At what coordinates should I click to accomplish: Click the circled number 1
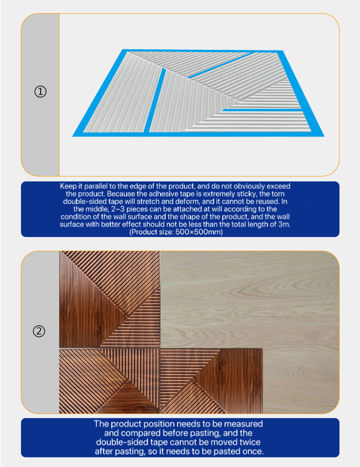point(41,91)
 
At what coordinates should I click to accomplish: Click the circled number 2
point(39,331)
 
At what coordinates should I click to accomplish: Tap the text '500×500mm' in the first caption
point(198,232)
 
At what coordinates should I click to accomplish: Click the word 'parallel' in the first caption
point(96,186)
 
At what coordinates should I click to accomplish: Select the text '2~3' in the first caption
point(117,209)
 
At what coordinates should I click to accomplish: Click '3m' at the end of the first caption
point(284,224)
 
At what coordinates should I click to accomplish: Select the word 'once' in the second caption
point(253,451)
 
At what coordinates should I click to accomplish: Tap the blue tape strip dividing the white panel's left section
point(155,100)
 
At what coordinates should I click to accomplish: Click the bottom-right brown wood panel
point(212,381)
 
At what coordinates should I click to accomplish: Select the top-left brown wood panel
point(110,299)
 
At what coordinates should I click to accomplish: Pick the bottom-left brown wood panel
point(110,381)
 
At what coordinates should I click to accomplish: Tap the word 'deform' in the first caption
point(188,202)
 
